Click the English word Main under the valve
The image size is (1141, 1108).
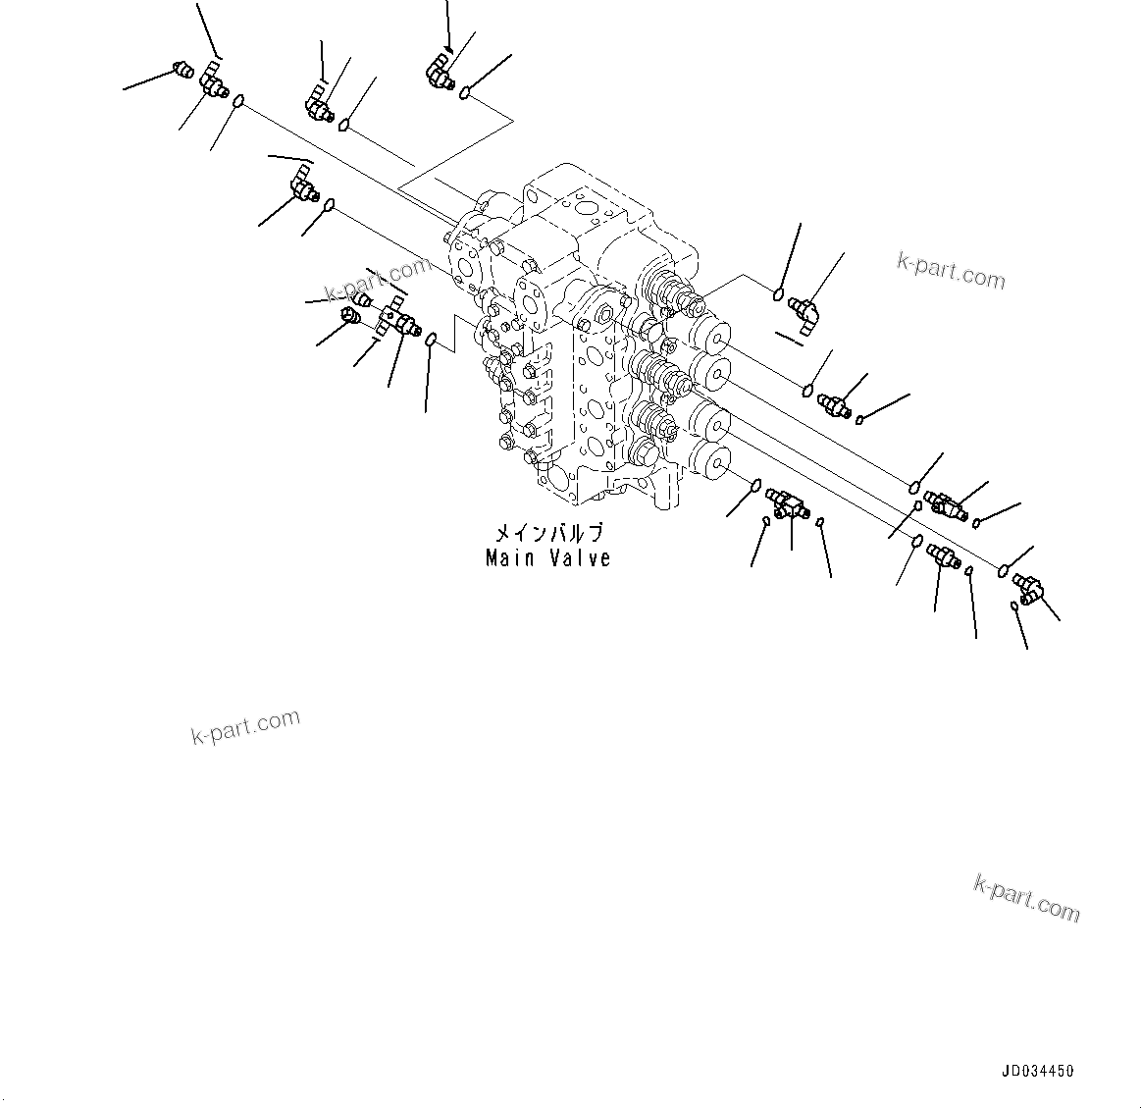tap(509, 558)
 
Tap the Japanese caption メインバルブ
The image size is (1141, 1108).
tap(548, 534)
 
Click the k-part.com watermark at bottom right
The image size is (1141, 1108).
tap(1026, 899)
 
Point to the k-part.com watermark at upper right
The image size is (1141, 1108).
tap(951, 272)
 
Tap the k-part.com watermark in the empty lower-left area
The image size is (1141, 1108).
tap(245, 726)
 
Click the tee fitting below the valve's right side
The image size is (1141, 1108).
tap(787, 503)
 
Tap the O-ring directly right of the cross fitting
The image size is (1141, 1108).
tap(431, 339)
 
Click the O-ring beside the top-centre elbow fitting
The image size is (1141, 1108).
tap(465, 94)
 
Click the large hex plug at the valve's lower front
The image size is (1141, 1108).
tap(645, 452)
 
